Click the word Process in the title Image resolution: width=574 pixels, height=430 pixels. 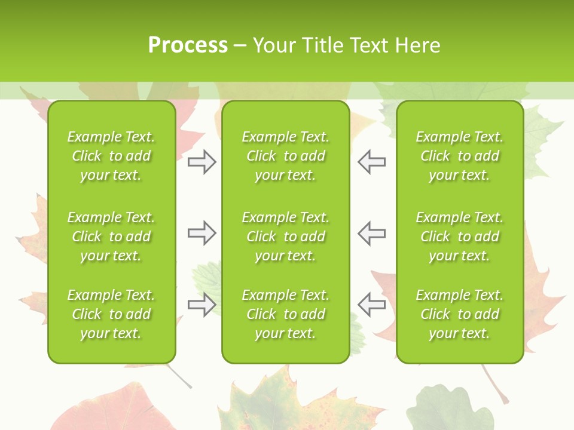click(188, 45)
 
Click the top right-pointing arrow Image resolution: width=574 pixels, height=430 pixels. click(201, 162)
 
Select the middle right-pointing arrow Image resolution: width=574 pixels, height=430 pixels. click(201, 233)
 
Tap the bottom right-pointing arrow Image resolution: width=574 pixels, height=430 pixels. click(201, 305)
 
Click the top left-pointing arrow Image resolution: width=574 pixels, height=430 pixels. click(372, 162)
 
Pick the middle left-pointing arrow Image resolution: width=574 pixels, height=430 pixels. click(372, 233)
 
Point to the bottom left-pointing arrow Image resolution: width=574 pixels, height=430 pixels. click(372, 305)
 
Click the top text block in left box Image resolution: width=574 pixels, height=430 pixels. click(111, 156)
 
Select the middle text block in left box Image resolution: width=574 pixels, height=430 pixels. click(111, 236)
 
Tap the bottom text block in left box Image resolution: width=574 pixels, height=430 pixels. click(111, 314)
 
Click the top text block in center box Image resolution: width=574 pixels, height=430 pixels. click(285, 156)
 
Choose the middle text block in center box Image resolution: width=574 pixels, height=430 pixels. click(285, 236)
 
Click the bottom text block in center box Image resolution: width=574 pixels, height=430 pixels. click(285, 314)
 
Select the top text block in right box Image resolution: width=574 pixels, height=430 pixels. click(459, 156)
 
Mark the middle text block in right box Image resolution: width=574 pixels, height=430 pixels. click(459, 236)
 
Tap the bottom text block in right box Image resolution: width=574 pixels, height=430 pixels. click(459, 314)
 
